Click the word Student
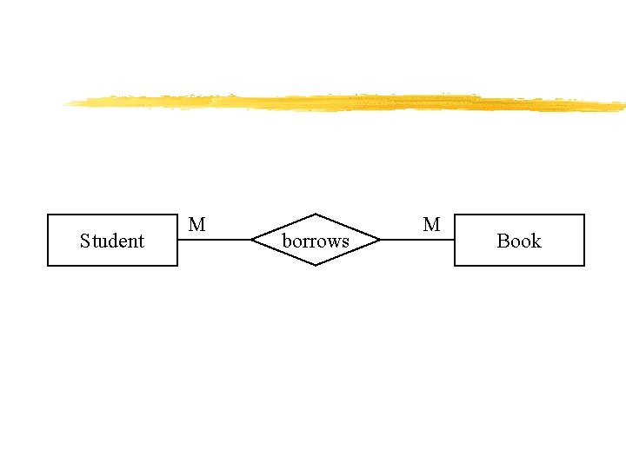(x=111, y=241)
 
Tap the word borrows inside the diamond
(x=316, y=241)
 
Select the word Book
(x=518, y=241)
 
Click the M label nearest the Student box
(x=197, y=225)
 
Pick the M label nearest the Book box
(x=431, y=225)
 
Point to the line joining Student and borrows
(x=214, y=240)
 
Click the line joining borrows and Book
(x=417, y=240)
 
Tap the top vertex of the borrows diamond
(x=316, y=214)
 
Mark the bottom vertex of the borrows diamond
(x=316, y=265)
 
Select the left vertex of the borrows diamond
(x=251, y=240)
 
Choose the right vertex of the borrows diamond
(x=380, y=240)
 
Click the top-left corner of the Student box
(x=48, y=215)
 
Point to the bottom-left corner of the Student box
(x=48, y=265)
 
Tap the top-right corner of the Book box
(x=583, y=215)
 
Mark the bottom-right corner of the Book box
(x=583, y=265)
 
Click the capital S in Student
(x=84, y=241)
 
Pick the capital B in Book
(x=503, y=241)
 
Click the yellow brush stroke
(x=348, y=102)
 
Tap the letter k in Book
(x=536, y=241)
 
